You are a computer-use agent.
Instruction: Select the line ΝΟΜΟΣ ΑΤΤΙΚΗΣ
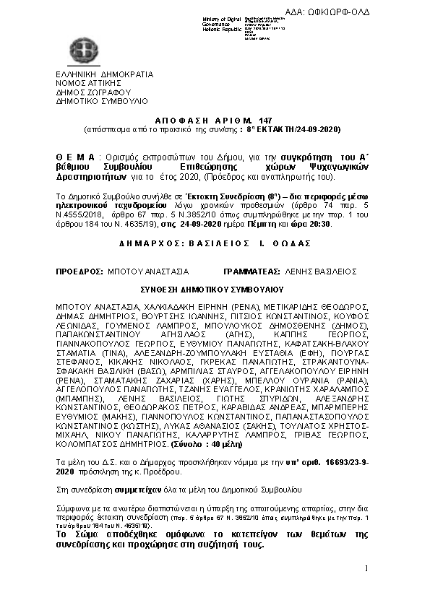coord(88,84)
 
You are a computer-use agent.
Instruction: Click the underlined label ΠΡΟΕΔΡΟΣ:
coord(79,272)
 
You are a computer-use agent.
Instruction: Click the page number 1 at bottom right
coord(367,589)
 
